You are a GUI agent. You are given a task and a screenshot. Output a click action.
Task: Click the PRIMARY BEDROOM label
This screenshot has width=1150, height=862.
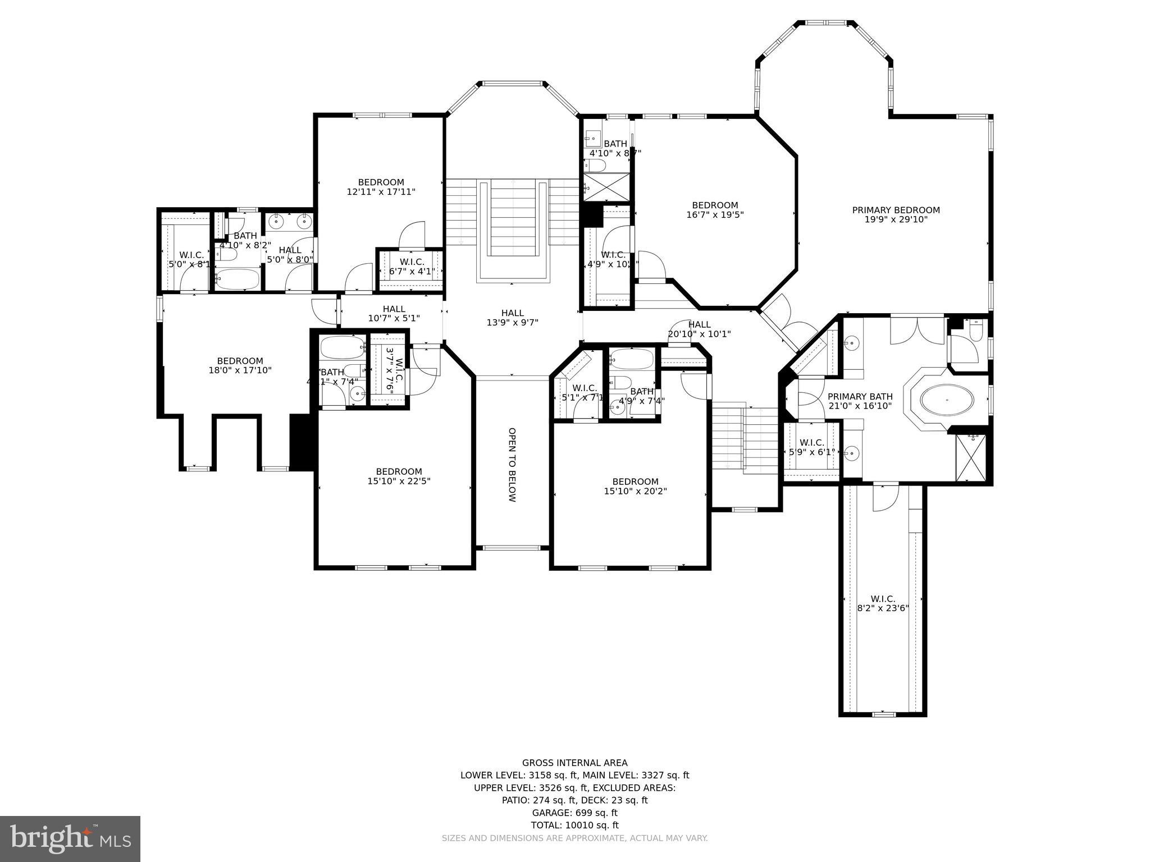pyautogui.click(x=896, y=210)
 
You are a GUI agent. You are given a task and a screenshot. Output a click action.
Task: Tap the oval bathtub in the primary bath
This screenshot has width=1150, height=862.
pyautogui.click(x=947, y=400)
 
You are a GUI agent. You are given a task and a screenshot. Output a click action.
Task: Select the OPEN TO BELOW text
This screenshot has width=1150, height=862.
pyautogui.click(x=512, y=465)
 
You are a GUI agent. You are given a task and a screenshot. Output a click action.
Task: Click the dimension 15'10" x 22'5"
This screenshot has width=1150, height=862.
pyautogui.click(x=399, y=481)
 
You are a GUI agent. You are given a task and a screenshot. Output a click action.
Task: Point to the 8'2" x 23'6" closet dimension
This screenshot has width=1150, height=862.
pyautogui.click(x=883, y=608)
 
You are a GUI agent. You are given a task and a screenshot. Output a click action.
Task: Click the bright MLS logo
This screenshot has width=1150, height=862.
pyautogui.click(x=70, y=838)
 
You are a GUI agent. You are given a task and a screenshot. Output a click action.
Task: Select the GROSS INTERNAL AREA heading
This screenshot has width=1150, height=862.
pyautogui.click(x=574, y=763)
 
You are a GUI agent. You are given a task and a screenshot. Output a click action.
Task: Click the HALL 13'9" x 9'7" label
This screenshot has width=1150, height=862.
pyautogui.click(x=512, y=318)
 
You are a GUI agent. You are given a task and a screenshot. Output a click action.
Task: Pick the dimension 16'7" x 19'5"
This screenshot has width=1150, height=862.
pyautogui.click(x=715, y=214)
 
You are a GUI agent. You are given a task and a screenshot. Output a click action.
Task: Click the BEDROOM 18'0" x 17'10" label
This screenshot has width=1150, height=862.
pyautogui.click(x=240, y=365)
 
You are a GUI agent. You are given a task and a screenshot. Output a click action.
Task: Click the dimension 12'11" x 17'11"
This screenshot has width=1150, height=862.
pyautogui.click(x=381, y=192)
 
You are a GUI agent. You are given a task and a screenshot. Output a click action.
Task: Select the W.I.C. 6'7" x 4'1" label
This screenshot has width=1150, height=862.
pyautogui.click(x=412, y=267)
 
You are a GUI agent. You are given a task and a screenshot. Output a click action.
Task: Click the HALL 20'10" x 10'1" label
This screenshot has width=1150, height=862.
pyautogui.click(x=699, y=329)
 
